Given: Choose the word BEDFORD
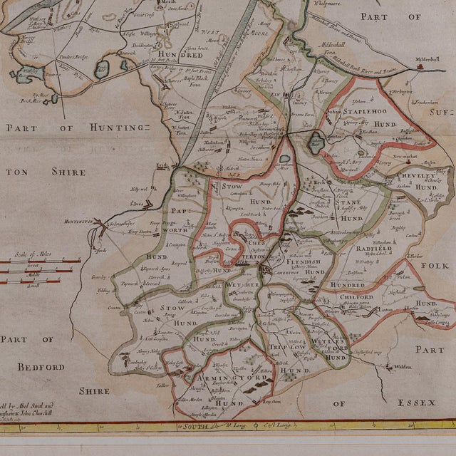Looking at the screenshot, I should click(x=40, y=367).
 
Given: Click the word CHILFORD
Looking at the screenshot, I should click(x=356, y=297).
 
